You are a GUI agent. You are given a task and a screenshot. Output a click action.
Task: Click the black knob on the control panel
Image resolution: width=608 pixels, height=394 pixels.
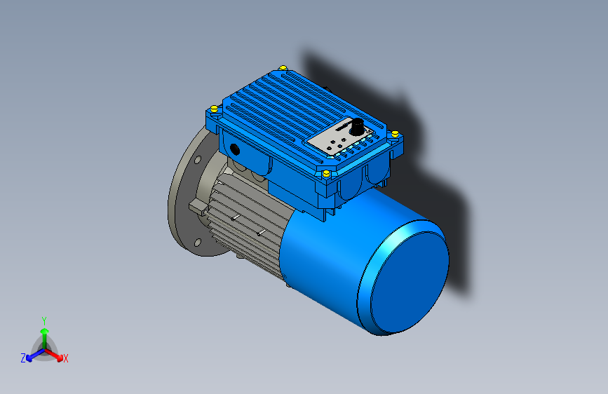(357, 128)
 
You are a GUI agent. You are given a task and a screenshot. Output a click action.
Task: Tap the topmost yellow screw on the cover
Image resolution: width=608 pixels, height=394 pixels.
(283, 67)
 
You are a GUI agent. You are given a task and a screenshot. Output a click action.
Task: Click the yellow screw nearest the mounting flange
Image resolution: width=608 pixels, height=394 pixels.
(212, 108)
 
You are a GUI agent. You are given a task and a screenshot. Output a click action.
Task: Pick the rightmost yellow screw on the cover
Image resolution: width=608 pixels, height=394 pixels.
(396, 133)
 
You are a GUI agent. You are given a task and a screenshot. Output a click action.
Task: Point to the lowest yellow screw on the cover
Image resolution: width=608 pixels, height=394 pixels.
(326, 172)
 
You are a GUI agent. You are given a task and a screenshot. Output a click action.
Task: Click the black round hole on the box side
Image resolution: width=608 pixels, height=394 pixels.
(234, 149)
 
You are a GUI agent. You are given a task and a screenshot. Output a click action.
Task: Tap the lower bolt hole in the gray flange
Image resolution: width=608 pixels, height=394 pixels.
(198, 242)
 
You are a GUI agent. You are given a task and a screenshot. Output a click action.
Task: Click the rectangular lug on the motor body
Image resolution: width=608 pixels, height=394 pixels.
(196, 208)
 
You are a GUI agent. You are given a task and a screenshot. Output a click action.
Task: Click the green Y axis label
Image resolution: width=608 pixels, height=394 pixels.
(44, 320)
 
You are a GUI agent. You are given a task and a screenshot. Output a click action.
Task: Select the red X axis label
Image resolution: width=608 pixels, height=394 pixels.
(66, 358)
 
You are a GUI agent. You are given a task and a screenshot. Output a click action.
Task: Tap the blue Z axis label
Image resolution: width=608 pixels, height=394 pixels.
(23, 358)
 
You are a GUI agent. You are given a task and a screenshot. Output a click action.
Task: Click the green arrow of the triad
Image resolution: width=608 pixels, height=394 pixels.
(44, 333)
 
